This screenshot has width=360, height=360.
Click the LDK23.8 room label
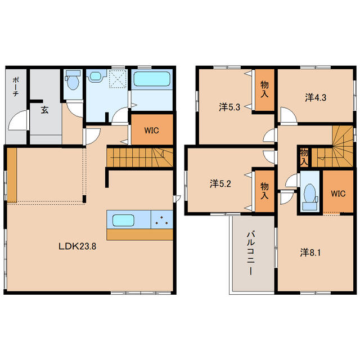pos(78,246)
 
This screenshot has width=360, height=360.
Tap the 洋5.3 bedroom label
pos(229,107)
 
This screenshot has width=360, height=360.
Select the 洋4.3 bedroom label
pos(316,98)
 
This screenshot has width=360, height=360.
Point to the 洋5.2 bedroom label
pos(220,184)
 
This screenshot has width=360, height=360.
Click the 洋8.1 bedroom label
pos(310,253)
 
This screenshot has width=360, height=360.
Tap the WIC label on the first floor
pos(151,130)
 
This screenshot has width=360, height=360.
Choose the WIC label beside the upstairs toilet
pos(338,193)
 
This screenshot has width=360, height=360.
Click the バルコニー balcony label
pos(251,254)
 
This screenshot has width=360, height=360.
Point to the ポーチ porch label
pos(16,87)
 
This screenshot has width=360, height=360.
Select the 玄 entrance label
pos(44,110)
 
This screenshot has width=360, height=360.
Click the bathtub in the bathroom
pos(152,79)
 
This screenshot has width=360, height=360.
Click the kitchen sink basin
pos(123,220)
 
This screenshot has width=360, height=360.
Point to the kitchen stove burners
pos(162,220)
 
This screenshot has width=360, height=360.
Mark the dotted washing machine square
pos(118,79)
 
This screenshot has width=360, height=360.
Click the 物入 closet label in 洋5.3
pos(264,89)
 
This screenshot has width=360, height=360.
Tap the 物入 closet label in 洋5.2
pos(264,191)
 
